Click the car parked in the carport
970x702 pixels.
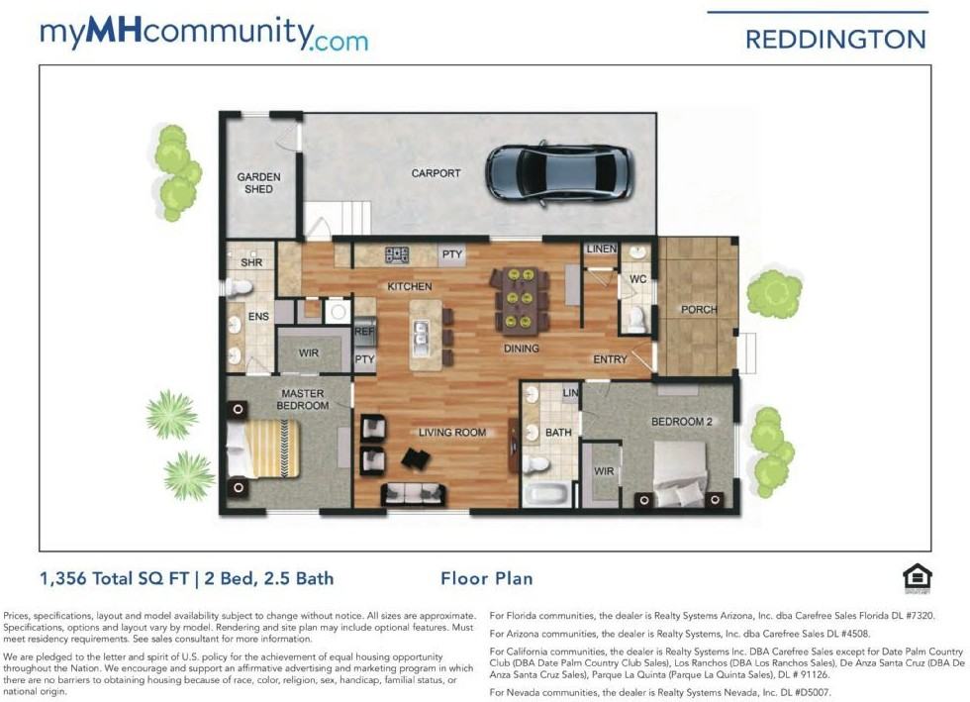coord(558,173)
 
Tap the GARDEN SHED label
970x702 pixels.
coord(258,183)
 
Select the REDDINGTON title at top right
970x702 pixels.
coord(835,40)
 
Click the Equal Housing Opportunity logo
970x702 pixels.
coord(917,577)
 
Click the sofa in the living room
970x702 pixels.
coord(415,493)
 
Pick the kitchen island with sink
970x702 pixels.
coord(426,335)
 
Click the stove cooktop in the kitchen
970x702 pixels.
coord(397,255)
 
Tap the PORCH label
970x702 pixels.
coord(699,310)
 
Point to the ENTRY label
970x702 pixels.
coord(610,359)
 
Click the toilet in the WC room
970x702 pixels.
coord(637,316)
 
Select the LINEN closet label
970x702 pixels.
coord(600,250)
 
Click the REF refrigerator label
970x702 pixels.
coord(364,333)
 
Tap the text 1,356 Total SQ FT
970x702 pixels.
coord(116,578)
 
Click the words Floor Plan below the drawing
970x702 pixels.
coord(486,578)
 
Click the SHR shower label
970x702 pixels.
coord(251,262)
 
